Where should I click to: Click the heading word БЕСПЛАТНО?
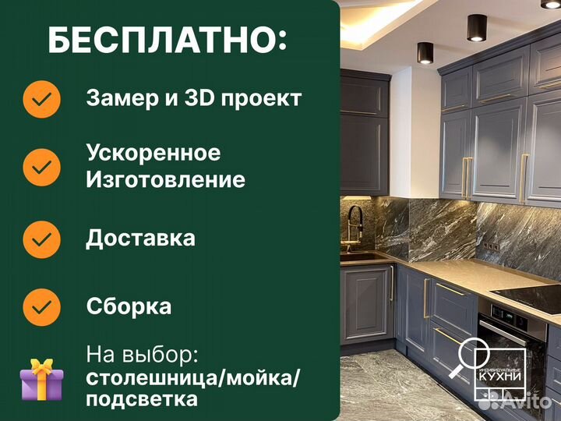point(161,40)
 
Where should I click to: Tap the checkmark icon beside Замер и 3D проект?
point(42,99)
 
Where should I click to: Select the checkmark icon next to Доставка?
point(42,238)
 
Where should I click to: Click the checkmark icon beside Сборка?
point(42,306)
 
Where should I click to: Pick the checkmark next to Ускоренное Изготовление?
point(42,166)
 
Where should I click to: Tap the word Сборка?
point(129,306)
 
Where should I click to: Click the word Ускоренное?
point(153,153)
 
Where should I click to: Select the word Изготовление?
point(165,180)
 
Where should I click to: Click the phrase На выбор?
point(142,356)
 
